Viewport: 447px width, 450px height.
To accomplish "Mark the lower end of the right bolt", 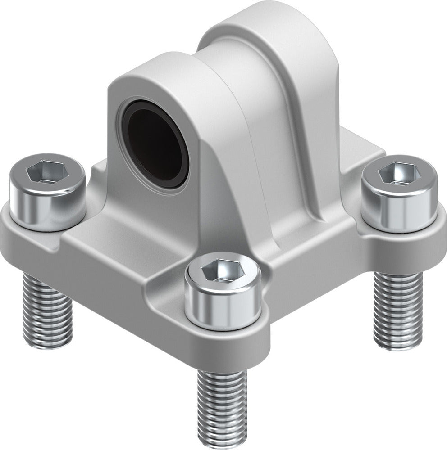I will (x=399, y=344).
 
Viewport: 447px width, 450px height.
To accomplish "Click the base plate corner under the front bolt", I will (x=225, y=342).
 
